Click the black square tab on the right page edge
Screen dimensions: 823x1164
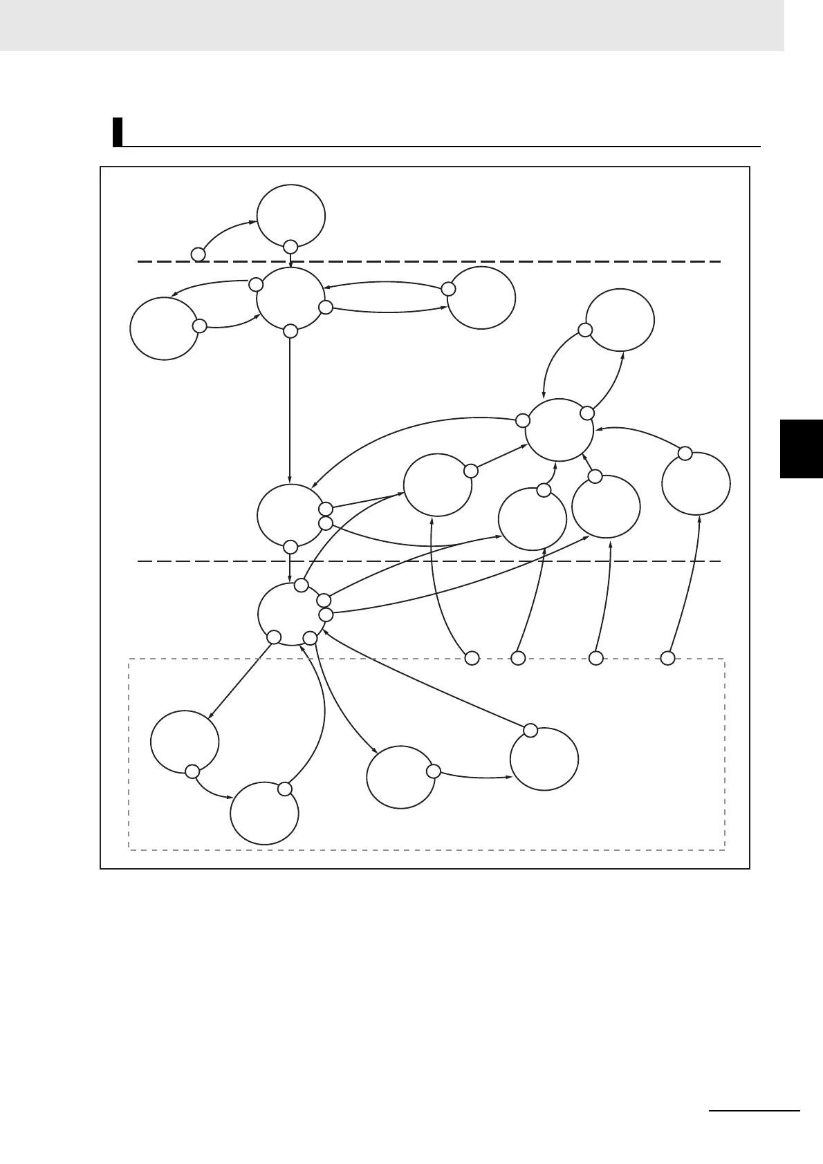point(801,448)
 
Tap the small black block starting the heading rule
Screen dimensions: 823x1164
point(118,132)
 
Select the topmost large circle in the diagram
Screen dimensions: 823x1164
point(290,216)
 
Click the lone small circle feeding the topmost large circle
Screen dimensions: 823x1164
point(198,254)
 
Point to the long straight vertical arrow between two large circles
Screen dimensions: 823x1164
point(290,408)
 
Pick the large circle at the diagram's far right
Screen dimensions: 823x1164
point(696,483)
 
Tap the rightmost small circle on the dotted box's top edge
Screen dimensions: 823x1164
point(667,658)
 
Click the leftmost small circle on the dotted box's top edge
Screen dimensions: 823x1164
point(472,658)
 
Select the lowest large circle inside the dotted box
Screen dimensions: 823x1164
point(264,814)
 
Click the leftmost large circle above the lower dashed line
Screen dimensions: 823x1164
point(165,328)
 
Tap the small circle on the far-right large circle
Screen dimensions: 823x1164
point(685,453)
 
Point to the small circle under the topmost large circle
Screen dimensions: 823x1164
point(290,246)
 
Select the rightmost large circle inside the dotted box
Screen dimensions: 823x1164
point(544,758)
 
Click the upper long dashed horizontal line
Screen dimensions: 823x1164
point(429,262)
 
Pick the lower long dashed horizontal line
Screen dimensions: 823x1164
point(429,561)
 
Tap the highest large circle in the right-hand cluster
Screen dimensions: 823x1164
point(620,321)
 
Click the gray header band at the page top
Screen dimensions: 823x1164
point(391,25)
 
